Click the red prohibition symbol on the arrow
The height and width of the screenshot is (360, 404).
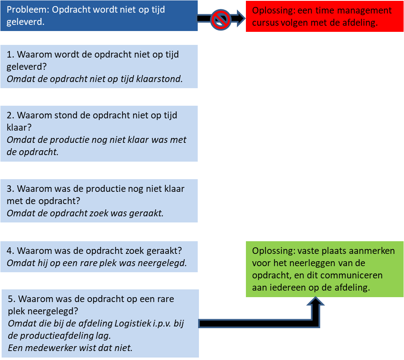[221, 19]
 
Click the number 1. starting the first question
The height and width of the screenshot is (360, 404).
[11, 54]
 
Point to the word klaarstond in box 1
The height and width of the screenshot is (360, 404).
[161, 79]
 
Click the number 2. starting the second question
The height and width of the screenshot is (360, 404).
[11, 116]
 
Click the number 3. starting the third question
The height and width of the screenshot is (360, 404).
[11, 189]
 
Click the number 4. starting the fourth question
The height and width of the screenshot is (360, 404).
[11, 250]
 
